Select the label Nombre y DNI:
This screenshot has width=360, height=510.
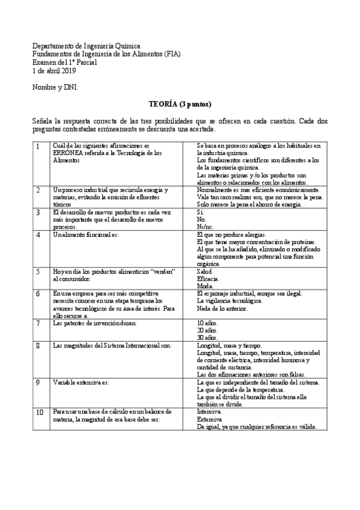tap(55, 88)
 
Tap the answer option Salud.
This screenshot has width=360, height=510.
tap(206, 271)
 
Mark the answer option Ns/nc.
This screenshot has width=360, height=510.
tap(206, 227)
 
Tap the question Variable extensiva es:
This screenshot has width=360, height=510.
tap(81, 382)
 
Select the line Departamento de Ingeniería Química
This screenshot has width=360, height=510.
tap(86, 46)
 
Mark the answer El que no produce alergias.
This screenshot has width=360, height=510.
tap(231, 235)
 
